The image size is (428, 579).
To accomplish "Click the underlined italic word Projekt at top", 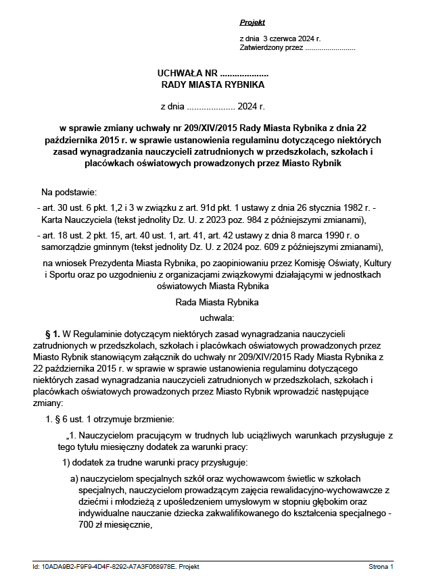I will pos(252,22).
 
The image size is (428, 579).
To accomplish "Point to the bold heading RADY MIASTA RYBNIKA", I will pos(213,85).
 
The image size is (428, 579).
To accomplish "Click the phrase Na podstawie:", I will pos(69,192).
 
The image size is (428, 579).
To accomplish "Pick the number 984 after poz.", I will pos(261,220).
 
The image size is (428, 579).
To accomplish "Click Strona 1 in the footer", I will pos(381,566).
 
